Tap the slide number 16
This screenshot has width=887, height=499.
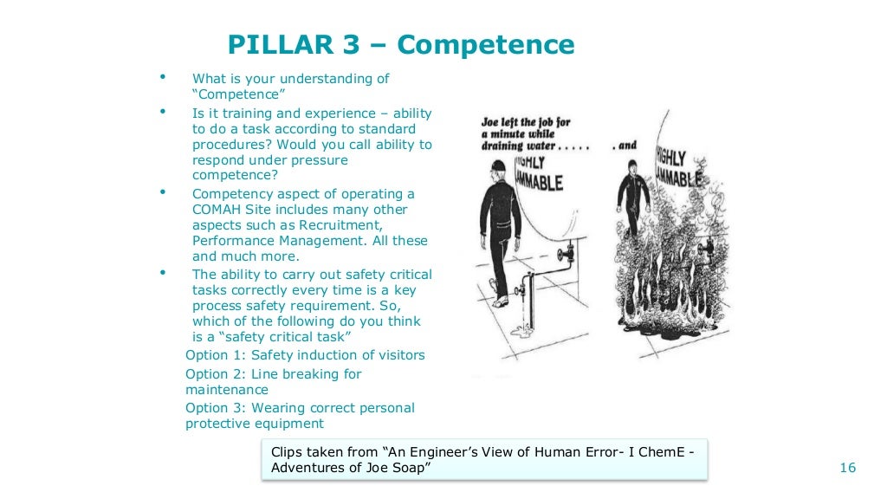tap(848, 468)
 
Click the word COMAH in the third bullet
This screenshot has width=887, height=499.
tap(217, 211)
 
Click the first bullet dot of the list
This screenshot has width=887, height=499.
tap(162, 78)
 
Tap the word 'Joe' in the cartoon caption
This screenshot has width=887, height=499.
tap(493, 123)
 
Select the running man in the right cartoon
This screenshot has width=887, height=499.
tap(638, 204)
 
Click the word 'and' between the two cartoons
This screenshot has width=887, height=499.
tap(629, 146)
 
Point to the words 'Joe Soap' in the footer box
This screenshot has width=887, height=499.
tap(395, 468)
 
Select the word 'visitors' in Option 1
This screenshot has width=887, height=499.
tap(399, 355)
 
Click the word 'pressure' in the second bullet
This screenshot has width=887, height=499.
tap(318, 160)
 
